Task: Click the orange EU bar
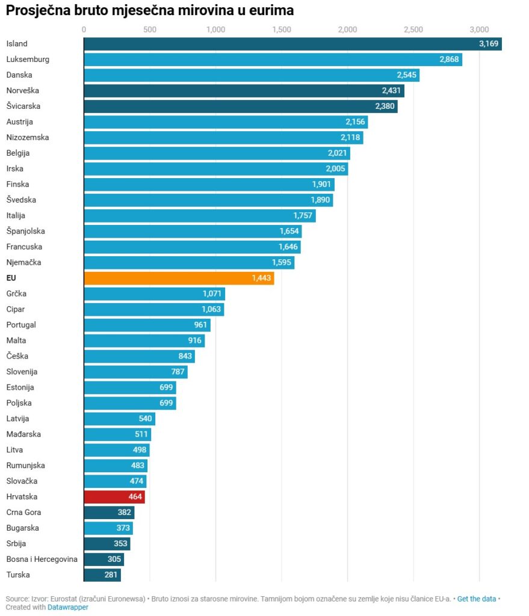178,278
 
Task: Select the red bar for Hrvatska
114,497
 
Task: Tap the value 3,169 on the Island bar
489,44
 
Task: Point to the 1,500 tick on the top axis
281,29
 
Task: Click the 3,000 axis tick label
479,29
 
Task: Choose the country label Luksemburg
28,60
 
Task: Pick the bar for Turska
102,575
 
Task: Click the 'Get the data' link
477,599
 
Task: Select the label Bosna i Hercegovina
42,559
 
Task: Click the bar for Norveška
243,91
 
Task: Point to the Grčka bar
153,294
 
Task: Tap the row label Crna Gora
23,513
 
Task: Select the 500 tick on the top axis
150,29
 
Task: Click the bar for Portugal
146,325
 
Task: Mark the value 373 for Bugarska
123,528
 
